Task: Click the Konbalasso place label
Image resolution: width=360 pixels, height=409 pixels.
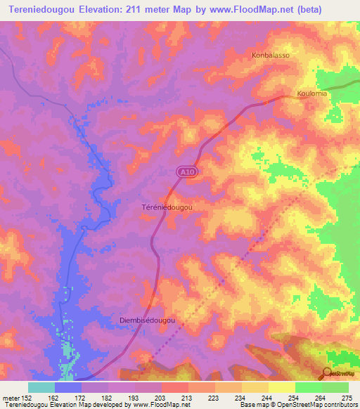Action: (271, 55)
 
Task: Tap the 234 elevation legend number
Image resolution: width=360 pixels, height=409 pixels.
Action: (242, 398)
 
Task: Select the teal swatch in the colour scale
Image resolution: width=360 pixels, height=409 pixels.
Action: (41, 387)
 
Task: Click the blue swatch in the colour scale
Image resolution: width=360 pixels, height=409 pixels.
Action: (68, 387)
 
